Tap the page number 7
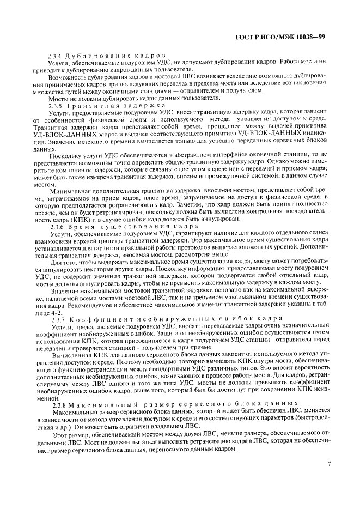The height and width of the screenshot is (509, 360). pyautogui.click(x=329, y=449)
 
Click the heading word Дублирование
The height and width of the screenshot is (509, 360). pyautogui.click(x=95, y=56)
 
